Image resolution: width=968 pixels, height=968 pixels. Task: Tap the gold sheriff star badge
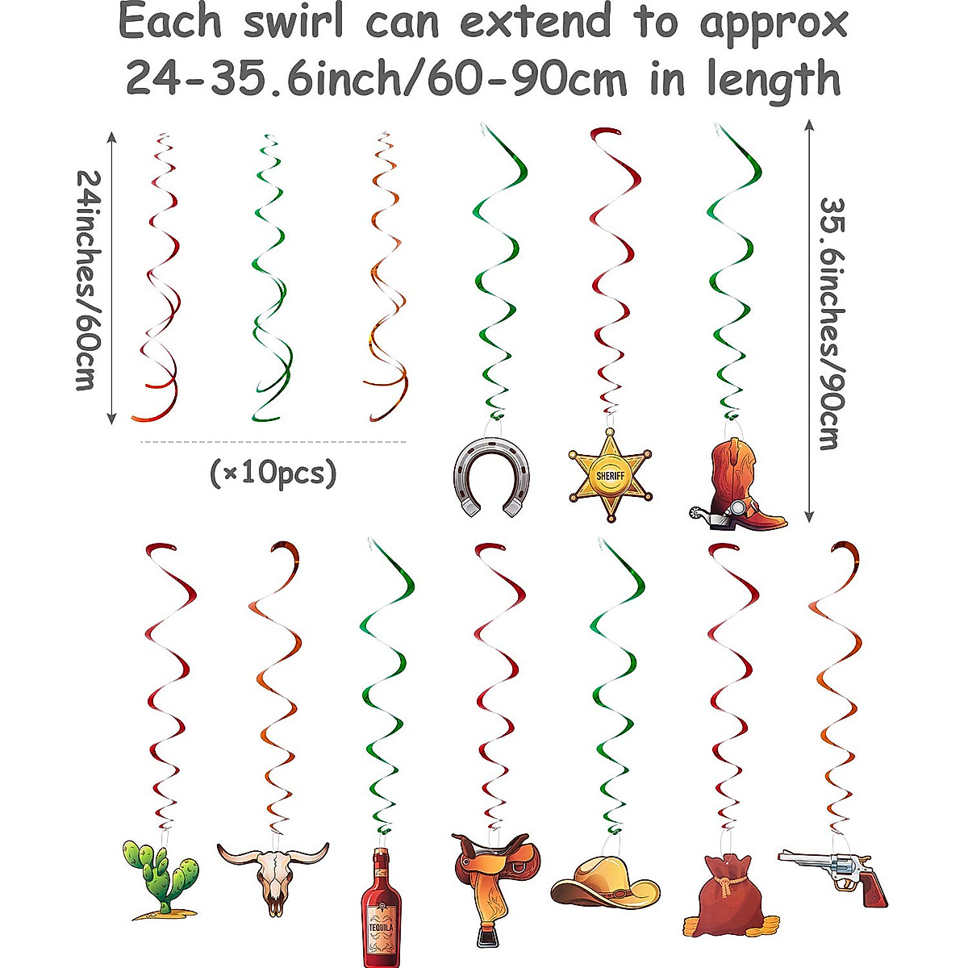click(x=610, y=476)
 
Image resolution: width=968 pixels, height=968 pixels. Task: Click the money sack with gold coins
click(x=723, y=891)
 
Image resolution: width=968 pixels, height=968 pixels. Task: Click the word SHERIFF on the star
click(x=610, y=476)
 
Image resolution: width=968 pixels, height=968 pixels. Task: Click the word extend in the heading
click(x=536, y=22)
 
